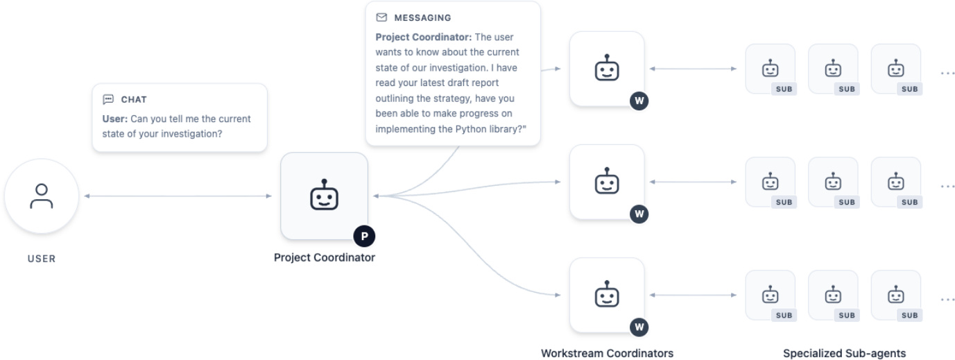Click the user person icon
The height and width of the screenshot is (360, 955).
click(x=42, y=196)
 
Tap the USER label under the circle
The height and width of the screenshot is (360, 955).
click(x=42, y=259)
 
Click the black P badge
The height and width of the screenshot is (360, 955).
click(x=365, y=237)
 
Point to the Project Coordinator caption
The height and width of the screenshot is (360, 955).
click(x=325, y=257)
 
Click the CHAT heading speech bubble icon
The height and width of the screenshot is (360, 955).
click(x=108, y=99)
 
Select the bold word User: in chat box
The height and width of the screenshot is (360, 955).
click(x=114, y=119)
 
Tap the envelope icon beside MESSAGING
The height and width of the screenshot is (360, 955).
click(x=381, y=17)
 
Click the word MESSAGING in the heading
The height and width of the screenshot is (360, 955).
click(x=422, y=18)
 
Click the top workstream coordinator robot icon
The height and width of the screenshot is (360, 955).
click(x=607, y=67)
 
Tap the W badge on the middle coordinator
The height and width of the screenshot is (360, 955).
click(x=639, y=214)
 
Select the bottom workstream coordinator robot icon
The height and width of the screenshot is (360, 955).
click(x=607, y=293)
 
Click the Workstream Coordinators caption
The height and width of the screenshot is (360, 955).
click(x=607, y=353)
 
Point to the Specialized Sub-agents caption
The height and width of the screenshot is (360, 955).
click(x=844, y=353)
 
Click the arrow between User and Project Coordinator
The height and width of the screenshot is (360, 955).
click(x=178, y=196)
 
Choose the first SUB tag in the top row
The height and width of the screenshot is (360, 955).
click(x=784, y=89)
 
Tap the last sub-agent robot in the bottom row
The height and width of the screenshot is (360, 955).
click(x=896, y=294)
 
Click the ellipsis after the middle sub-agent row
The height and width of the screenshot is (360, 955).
click(x=947, y=187)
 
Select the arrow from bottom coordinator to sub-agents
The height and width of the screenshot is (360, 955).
click(x=693, y=295)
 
